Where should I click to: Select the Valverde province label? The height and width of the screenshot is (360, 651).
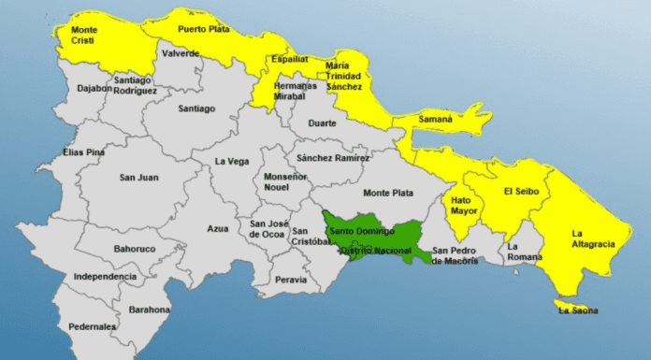tap(181, 53)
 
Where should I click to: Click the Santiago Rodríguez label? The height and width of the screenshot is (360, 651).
tap(137, 85)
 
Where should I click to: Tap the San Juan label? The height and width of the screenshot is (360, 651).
tap(138, 177)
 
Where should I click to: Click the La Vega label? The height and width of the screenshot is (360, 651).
tap(230, 161)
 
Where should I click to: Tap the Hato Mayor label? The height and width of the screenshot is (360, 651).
tap(462, 205)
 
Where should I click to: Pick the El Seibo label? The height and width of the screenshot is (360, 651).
tap(521, 192)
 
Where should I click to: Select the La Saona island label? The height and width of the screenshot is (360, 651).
tap(577, 310)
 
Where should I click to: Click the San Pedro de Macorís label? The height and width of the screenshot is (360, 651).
tap(455, 255)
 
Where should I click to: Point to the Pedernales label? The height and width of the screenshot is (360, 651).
tap(93, 326)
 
